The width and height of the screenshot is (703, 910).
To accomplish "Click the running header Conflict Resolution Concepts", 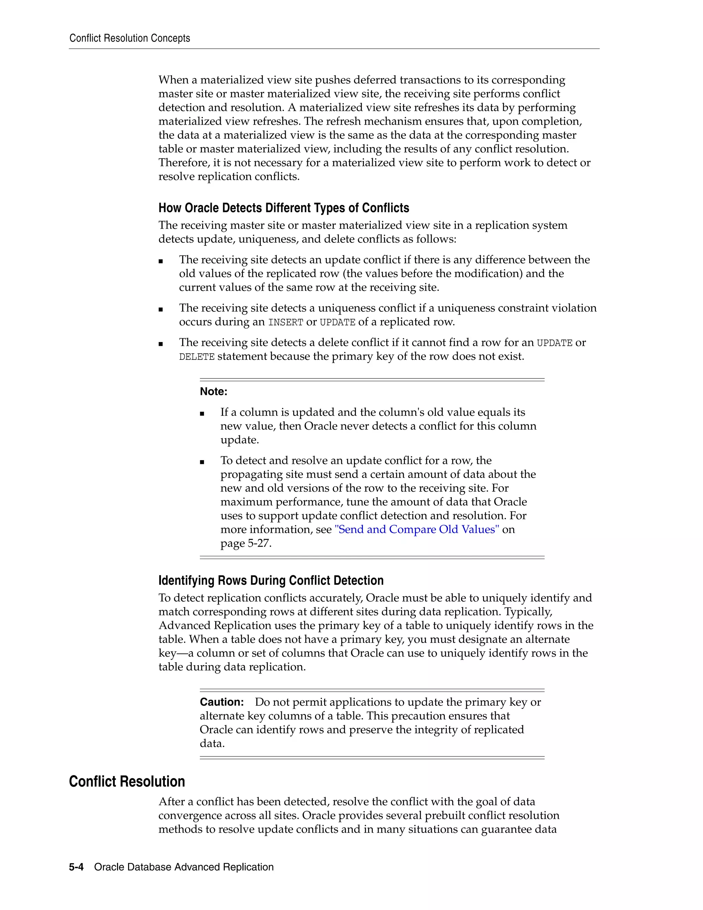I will [129, 38].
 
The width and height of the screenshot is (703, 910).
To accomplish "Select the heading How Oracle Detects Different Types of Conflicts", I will [284, 208].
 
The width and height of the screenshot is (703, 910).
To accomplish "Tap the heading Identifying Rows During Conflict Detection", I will [271, 580].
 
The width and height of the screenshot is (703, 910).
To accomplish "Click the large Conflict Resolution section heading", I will [127, 782].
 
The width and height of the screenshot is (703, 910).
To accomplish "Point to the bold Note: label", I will [213, 392].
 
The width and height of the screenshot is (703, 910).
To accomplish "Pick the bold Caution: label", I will [221, 702].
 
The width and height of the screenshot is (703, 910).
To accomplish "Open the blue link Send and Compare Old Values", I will [416, 530].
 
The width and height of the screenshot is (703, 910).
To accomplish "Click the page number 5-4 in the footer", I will [76, 867].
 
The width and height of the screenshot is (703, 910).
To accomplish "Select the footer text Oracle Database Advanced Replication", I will [184, 867].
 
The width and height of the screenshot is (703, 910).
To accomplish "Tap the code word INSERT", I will [285, 322].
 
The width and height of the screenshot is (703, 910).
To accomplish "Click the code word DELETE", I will [197, 357].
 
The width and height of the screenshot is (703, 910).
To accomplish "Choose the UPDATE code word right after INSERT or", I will [337, 322].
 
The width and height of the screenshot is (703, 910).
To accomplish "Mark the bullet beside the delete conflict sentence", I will [161, 344].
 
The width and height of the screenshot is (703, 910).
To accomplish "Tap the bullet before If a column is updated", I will [202, 413].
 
